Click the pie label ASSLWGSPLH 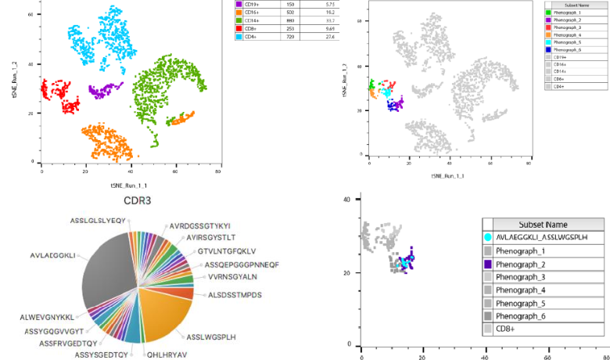211,337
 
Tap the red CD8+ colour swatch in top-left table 239,29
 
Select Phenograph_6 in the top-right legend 569,50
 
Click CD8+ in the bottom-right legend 510,330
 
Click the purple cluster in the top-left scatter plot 104,92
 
